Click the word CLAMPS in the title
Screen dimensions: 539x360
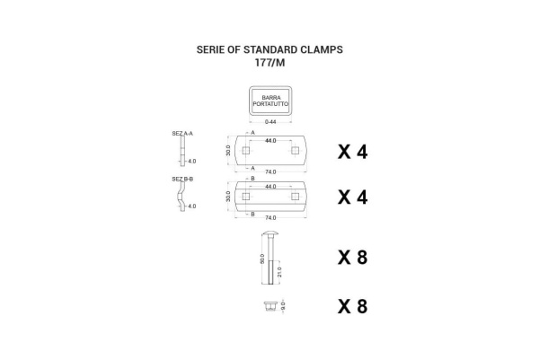(x=322, y=49)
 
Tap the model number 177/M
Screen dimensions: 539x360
(x=269, y=63)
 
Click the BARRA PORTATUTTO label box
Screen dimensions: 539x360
(x=270, y=101)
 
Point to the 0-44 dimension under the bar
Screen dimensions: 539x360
(x=270, y=121)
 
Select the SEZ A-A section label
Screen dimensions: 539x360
(x=182, y=134)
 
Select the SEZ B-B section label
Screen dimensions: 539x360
(x=182, y=179)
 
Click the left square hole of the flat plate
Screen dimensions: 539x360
(x=246, y=151)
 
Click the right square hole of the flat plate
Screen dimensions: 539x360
(x=295, y=151)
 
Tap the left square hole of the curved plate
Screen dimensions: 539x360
(x=246, y=196)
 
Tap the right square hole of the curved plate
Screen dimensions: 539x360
(x=295, y=196)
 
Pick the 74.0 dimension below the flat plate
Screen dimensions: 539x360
(x=270, y=172)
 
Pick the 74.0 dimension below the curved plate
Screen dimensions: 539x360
(x=270, y=218)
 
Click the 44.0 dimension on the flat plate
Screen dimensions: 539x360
(x=270, y=141)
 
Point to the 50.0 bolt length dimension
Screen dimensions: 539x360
(x=262, y=259)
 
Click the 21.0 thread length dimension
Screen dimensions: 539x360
(x=279, y=272)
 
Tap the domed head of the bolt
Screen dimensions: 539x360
(x=270, y=233)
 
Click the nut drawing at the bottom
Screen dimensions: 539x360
(x=269, y=306)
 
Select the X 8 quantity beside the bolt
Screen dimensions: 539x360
(x=353, y=258)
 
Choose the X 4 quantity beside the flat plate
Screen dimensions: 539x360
(x=353, y=152)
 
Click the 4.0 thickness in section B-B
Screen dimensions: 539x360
(x=192, y=206)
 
